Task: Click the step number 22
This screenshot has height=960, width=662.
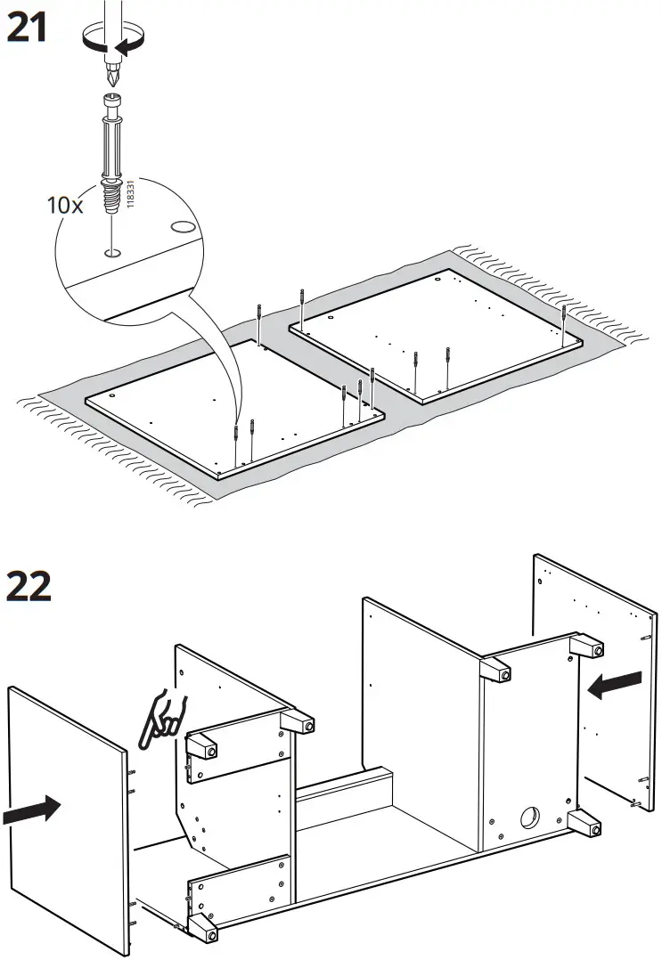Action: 29,586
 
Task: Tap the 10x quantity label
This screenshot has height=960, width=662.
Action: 64,205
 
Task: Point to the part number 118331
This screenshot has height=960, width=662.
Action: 130,191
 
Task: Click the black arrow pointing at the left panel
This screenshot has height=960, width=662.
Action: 30,811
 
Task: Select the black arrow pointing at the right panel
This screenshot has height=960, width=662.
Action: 615,685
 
